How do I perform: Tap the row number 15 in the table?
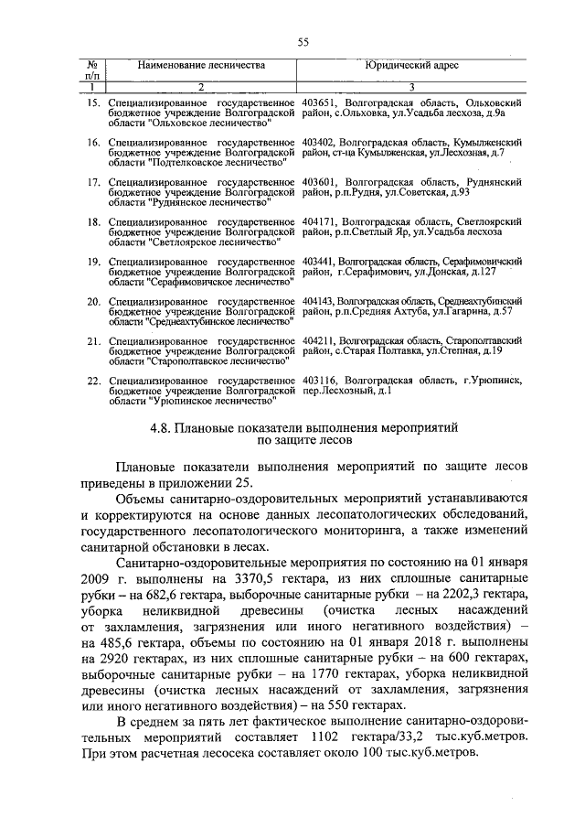93,102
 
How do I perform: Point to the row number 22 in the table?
93,380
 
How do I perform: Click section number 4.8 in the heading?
161,427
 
